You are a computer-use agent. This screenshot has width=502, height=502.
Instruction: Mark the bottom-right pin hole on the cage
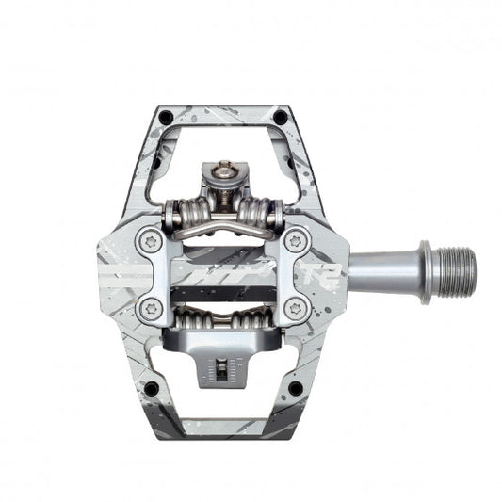click(x=295, y=387)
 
